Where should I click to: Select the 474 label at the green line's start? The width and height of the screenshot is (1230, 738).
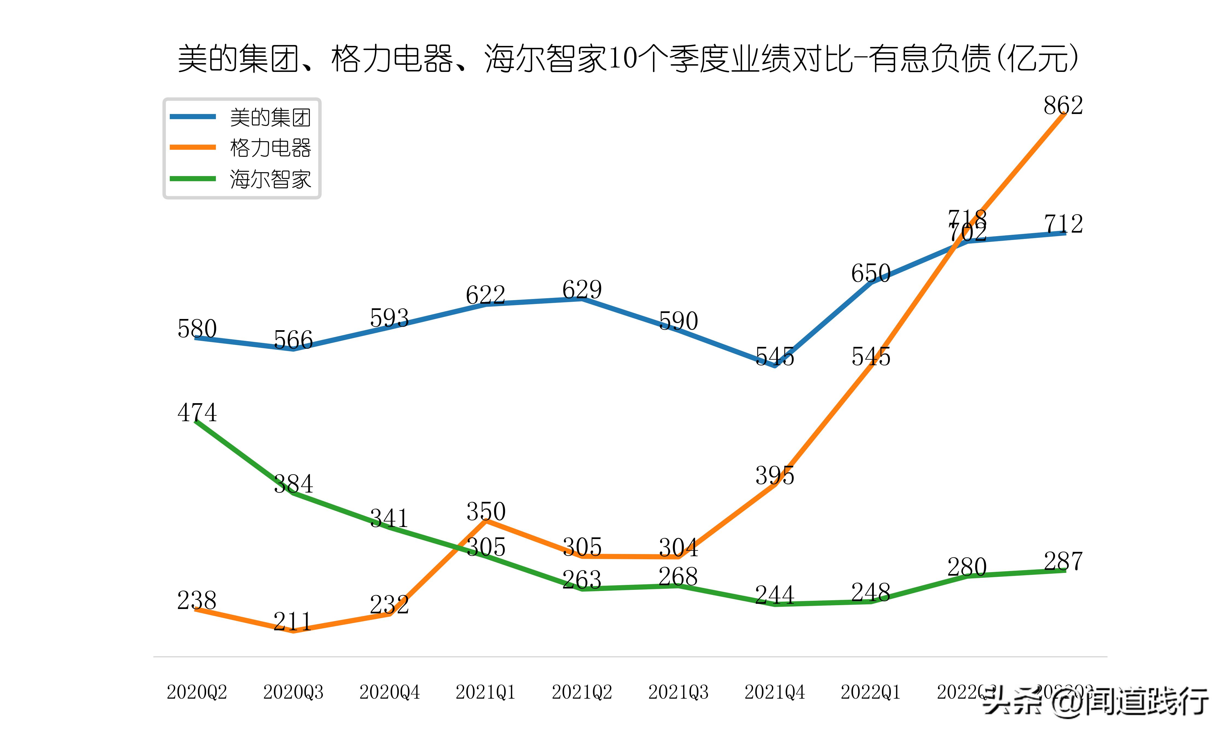tap(197, 412)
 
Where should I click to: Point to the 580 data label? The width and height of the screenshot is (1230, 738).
tap(197, 329)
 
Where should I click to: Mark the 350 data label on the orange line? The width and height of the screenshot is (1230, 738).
tap(486, 511)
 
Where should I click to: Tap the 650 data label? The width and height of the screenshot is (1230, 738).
tap(871, 273)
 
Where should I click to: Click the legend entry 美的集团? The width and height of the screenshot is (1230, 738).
tap(270, 117)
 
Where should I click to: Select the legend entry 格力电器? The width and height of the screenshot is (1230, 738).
tap(270, 148)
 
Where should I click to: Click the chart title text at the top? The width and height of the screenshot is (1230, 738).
tap(627, 59)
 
